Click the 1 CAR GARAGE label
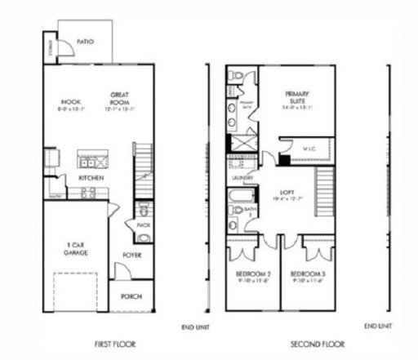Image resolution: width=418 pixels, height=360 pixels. pos(78,248)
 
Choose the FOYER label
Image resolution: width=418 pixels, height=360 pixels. pos(131,255)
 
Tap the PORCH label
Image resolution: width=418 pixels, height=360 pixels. pos(131,296)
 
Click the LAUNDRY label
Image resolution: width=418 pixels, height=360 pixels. pos(242,177)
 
